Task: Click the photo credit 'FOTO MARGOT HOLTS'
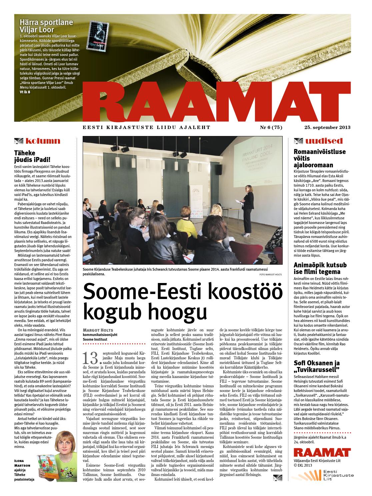point(270,274)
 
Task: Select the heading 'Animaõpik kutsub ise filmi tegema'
point(320,269)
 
